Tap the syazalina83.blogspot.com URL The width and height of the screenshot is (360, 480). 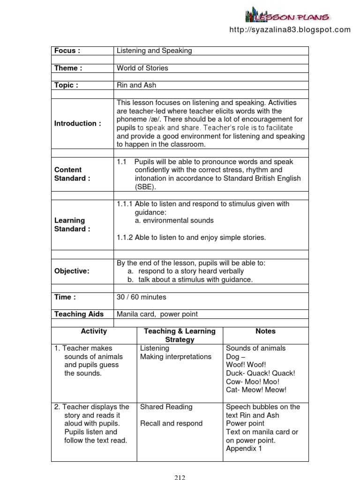pos(290,30)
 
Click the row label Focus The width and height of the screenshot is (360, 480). pos(67,51)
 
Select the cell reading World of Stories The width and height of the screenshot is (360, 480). pos(142,68)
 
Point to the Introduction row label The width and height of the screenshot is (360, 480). pos(77,123)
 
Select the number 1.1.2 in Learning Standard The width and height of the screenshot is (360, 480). pos(125,238)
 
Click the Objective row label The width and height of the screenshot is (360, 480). pos(72,271)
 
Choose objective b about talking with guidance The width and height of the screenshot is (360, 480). pos(190,279)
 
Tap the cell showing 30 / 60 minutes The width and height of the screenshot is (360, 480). pos(142,297)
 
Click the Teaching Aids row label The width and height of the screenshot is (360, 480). pos(79,314)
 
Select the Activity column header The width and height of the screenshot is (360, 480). pos(94,331)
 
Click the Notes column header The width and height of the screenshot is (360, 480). pos(265,331)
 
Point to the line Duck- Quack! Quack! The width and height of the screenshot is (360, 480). pos(261,373)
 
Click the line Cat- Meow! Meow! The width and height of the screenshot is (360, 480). pos(256,390)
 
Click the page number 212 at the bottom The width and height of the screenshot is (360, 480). pos(180,478)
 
